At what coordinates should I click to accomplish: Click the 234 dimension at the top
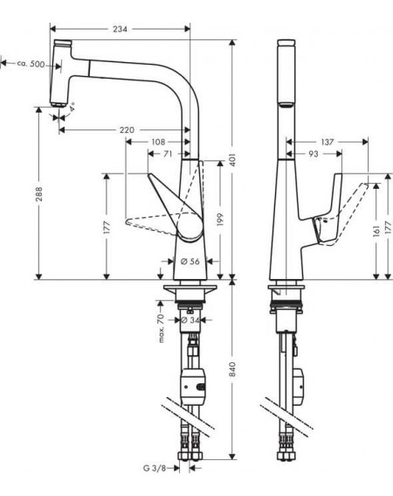coord(120,29)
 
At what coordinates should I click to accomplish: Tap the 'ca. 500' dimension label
coord(31,64)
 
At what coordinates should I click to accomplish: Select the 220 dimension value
coord(127,130)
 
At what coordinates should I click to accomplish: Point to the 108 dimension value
coord(158,142)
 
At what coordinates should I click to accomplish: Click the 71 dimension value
coord(168,154)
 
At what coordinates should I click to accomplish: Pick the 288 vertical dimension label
coord(38,194)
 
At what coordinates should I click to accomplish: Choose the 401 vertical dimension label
coord(232,160)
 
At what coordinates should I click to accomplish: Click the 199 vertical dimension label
coord(220,220)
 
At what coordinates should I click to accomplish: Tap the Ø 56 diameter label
coord(190,262)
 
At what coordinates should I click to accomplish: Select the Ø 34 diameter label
coord(190,320)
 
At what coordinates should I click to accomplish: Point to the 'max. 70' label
coord(161,328)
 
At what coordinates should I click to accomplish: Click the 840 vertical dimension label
coord(232,369)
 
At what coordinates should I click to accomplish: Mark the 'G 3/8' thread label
coord(155,468)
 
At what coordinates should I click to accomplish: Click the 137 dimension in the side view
coord(327,142)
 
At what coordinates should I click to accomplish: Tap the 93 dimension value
coord(313,154)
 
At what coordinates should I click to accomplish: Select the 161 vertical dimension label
coord(376,231)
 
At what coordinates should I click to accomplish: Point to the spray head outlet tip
coord(58,105)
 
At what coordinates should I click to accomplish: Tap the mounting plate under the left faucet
coord(190,288)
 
